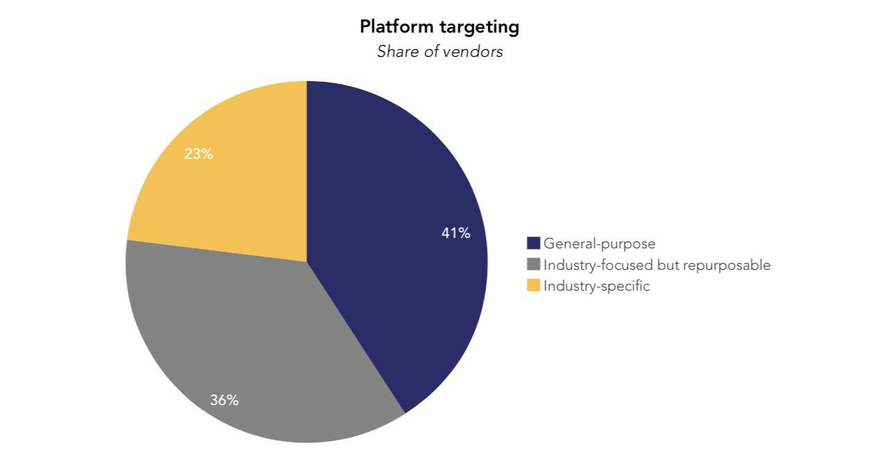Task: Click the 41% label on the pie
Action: click(x=456, y=234)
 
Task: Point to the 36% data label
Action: click(x=224, y=400)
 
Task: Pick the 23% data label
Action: click(x=198, y=154)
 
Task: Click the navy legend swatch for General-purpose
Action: click(x=534, y=243)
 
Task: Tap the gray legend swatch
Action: click(x=534, y=264)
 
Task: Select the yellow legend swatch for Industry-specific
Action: click(x=534, y=285)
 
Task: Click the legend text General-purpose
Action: click(x=599, y=243)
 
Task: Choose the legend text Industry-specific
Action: click(x=597, y=286)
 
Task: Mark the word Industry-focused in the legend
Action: click(x=597, y=265)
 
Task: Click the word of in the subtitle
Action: click(x=432, y=52)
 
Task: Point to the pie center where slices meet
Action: click(x=307, y=262)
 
